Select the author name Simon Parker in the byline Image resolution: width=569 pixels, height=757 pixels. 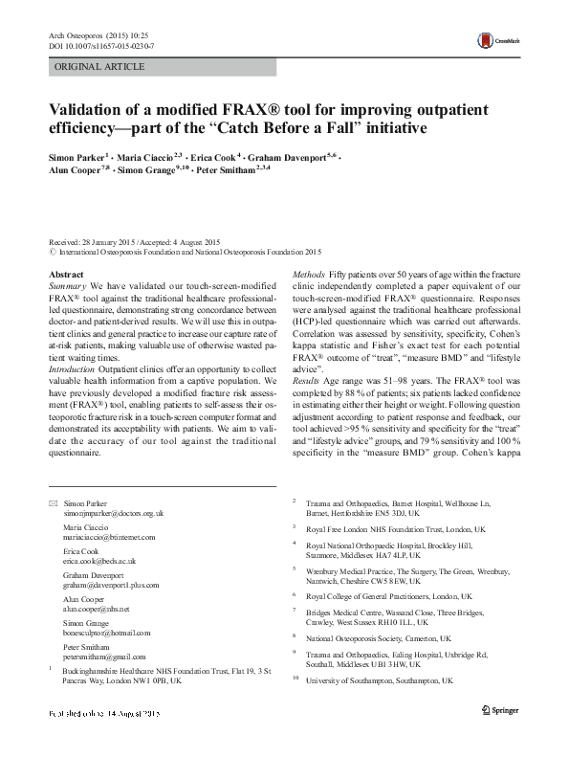[x=77, y=155]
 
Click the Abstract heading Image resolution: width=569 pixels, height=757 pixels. [x=66, y=275]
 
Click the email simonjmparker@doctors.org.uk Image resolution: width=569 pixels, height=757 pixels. [x=107, y=514]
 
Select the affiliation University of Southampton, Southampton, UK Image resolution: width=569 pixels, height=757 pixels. [x=379, y=680]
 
